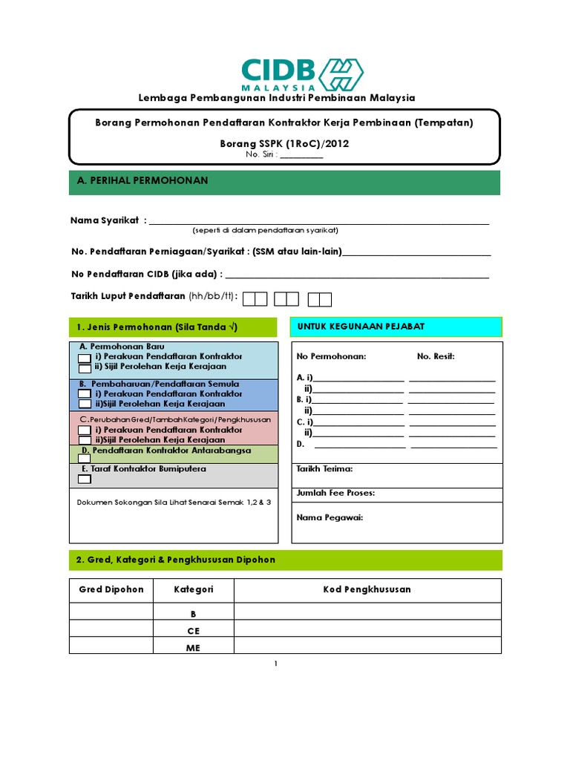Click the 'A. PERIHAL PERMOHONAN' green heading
143,181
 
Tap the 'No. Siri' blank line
301,155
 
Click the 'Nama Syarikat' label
105,220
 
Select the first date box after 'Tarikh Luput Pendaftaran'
255,299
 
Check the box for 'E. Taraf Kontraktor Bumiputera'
85,479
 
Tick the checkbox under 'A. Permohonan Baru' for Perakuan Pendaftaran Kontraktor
85,357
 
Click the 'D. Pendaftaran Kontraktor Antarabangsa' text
166,451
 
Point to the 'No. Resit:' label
436,356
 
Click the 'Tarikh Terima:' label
324,469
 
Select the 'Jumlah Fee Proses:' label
335,493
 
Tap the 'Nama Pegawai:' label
330,517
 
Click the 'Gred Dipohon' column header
111,590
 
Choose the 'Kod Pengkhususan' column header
367,590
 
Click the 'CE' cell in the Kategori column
194,631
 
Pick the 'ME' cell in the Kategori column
194,647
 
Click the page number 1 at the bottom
275,664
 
